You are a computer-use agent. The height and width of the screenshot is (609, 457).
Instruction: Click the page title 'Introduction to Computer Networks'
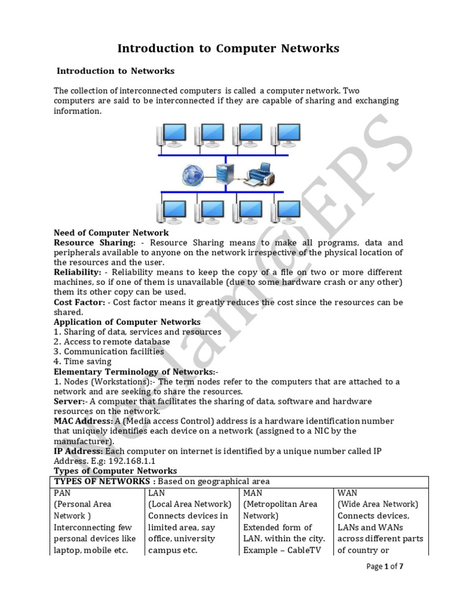[x=228, y=49]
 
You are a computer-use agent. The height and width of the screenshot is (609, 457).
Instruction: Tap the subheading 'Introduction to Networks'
[x=115, y=71]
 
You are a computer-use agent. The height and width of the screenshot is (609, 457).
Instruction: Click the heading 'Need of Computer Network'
[x=111, y=233]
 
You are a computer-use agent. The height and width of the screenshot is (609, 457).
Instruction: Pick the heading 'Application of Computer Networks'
[x=127, y=322]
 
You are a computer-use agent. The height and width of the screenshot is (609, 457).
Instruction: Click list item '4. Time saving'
[x=82, y=362]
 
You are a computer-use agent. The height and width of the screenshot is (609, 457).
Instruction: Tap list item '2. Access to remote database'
[x=112, y=342]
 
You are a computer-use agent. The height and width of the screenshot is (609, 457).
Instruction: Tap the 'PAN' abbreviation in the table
[x=62, y=493]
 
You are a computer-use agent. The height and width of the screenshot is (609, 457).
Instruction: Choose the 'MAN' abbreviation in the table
[x=253, y=493]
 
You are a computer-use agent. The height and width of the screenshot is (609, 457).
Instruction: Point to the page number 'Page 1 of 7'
[x=384, y=567]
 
